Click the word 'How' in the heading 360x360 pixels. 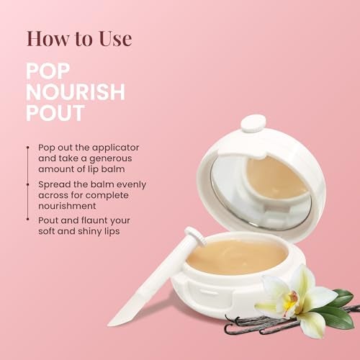[48, 38]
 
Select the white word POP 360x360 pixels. [48, 71]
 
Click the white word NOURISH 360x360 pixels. [76, 92]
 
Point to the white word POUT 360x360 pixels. [55, 113]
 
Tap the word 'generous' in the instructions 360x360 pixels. [111, 159]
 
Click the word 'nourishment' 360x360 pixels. [67, 206]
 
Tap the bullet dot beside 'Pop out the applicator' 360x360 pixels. [28, 148]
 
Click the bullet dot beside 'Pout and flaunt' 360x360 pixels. [28, 219]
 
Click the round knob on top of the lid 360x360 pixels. [253, 123]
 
